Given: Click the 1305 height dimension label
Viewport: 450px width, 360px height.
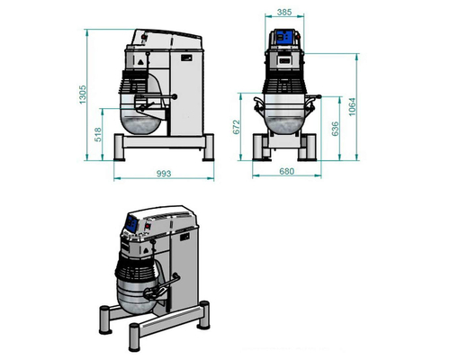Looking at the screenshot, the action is (83, 94).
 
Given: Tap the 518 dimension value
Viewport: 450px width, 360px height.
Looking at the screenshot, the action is (98, 135).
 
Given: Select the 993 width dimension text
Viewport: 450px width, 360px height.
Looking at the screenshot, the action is (164, 174).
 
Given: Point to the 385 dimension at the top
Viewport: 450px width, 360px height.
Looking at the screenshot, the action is (284, 12).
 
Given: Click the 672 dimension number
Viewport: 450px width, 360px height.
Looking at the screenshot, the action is (237, 127).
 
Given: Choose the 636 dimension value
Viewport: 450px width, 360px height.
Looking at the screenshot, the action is (335, 129).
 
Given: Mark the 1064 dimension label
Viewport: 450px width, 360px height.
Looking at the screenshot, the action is (352, 107).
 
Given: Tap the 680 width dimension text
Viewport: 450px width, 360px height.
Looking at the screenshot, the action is (286, 171).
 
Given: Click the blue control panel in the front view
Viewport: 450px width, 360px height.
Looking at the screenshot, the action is (284, 37).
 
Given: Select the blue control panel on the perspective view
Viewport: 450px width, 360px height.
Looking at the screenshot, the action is (131, 223).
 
